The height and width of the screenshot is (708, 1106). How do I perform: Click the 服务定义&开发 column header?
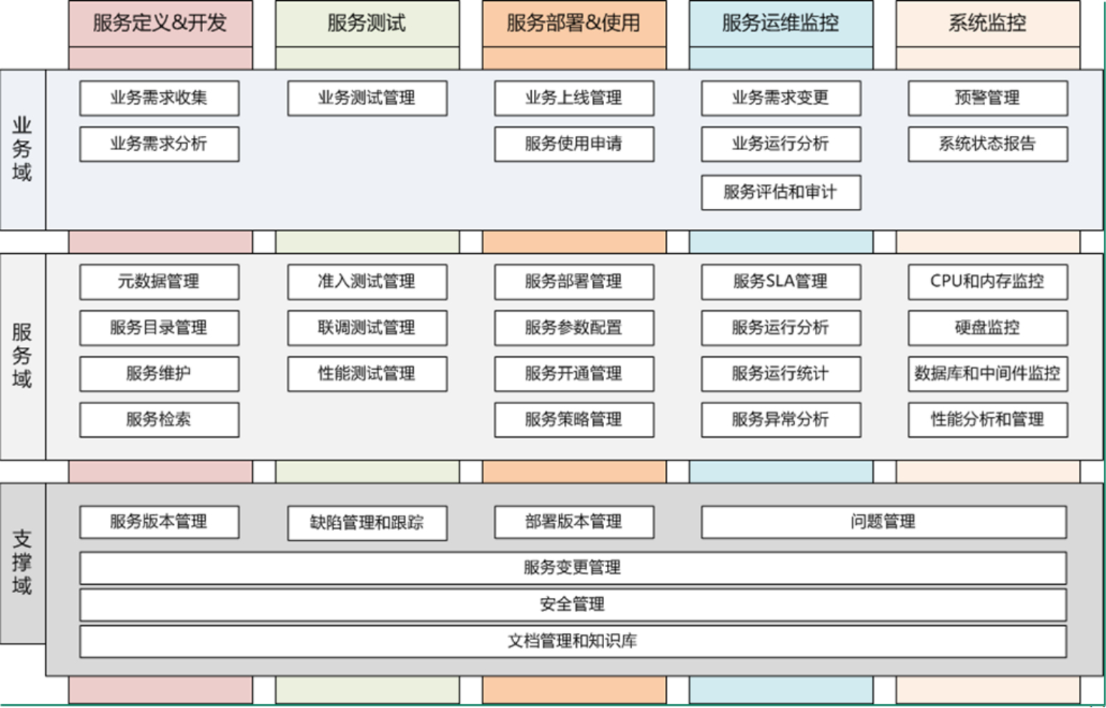[x=160, y=23]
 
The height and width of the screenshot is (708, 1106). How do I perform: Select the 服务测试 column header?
[x=367, y=23]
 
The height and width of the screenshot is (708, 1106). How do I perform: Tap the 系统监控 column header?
[x=988, y=23]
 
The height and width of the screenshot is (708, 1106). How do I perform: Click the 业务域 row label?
[x=23, y=149]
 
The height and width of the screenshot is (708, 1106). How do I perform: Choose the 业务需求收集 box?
[x=159, y=98]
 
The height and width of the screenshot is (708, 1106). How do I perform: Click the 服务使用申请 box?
[x=574, y=144]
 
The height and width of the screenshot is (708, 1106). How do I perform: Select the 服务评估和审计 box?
[x=781, y=192]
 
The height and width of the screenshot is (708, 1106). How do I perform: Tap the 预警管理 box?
[x=988, y=98]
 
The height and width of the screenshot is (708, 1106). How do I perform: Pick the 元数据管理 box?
[x=159, y=282]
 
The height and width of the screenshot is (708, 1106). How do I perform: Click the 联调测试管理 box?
[x=367, y=328]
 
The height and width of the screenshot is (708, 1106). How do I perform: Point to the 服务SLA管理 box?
[x=781, y=282]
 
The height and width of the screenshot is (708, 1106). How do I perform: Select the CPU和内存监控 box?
[x=988, y=282]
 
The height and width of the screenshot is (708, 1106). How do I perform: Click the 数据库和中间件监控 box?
[x=988, y=374]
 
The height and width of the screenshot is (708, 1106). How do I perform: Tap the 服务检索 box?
[x=159, y=420]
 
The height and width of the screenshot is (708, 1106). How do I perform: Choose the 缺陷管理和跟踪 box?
[x=367, y=523]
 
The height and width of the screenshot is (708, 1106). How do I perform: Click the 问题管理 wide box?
[x=884, y=522]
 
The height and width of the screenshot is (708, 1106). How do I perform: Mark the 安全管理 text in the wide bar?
[x=573, y=604]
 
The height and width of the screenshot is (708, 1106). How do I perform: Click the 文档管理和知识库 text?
[x=573, y=641]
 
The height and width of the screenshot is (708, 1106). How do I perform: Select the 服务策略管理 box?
[x=574, y=420]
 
